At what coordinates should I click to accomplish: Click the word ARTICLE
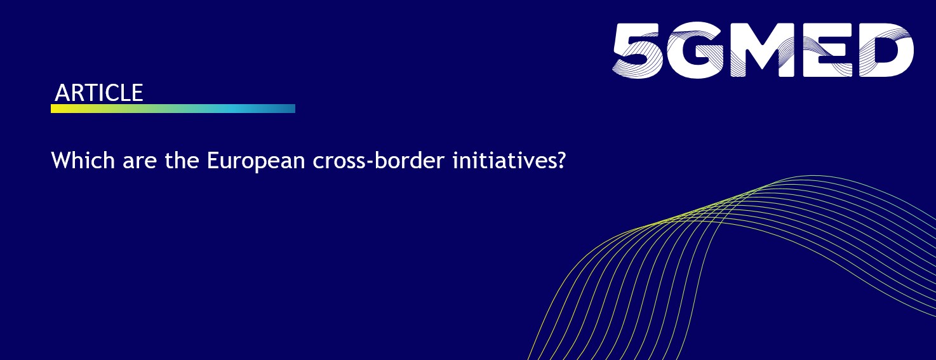[x=99, y=93]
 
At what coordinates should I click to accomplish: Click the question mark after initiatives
[x=559, y=160]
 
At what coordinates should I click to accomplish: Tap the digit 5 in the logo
[x=638, y=50]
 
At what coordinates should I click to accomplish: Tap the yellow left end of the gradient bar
[x=56, y=109]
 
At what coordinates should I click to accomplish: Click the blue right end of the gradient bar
[x=291, y=109]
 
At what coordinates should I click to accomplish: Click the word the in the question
[x=169, y=160]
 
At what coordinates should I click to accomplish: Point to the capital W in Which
[x=60, y=160]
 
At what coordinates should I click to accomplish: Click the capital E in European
[x=212, y=160]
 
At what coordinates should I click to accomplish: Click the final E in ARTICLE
[x=137, y=93]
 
